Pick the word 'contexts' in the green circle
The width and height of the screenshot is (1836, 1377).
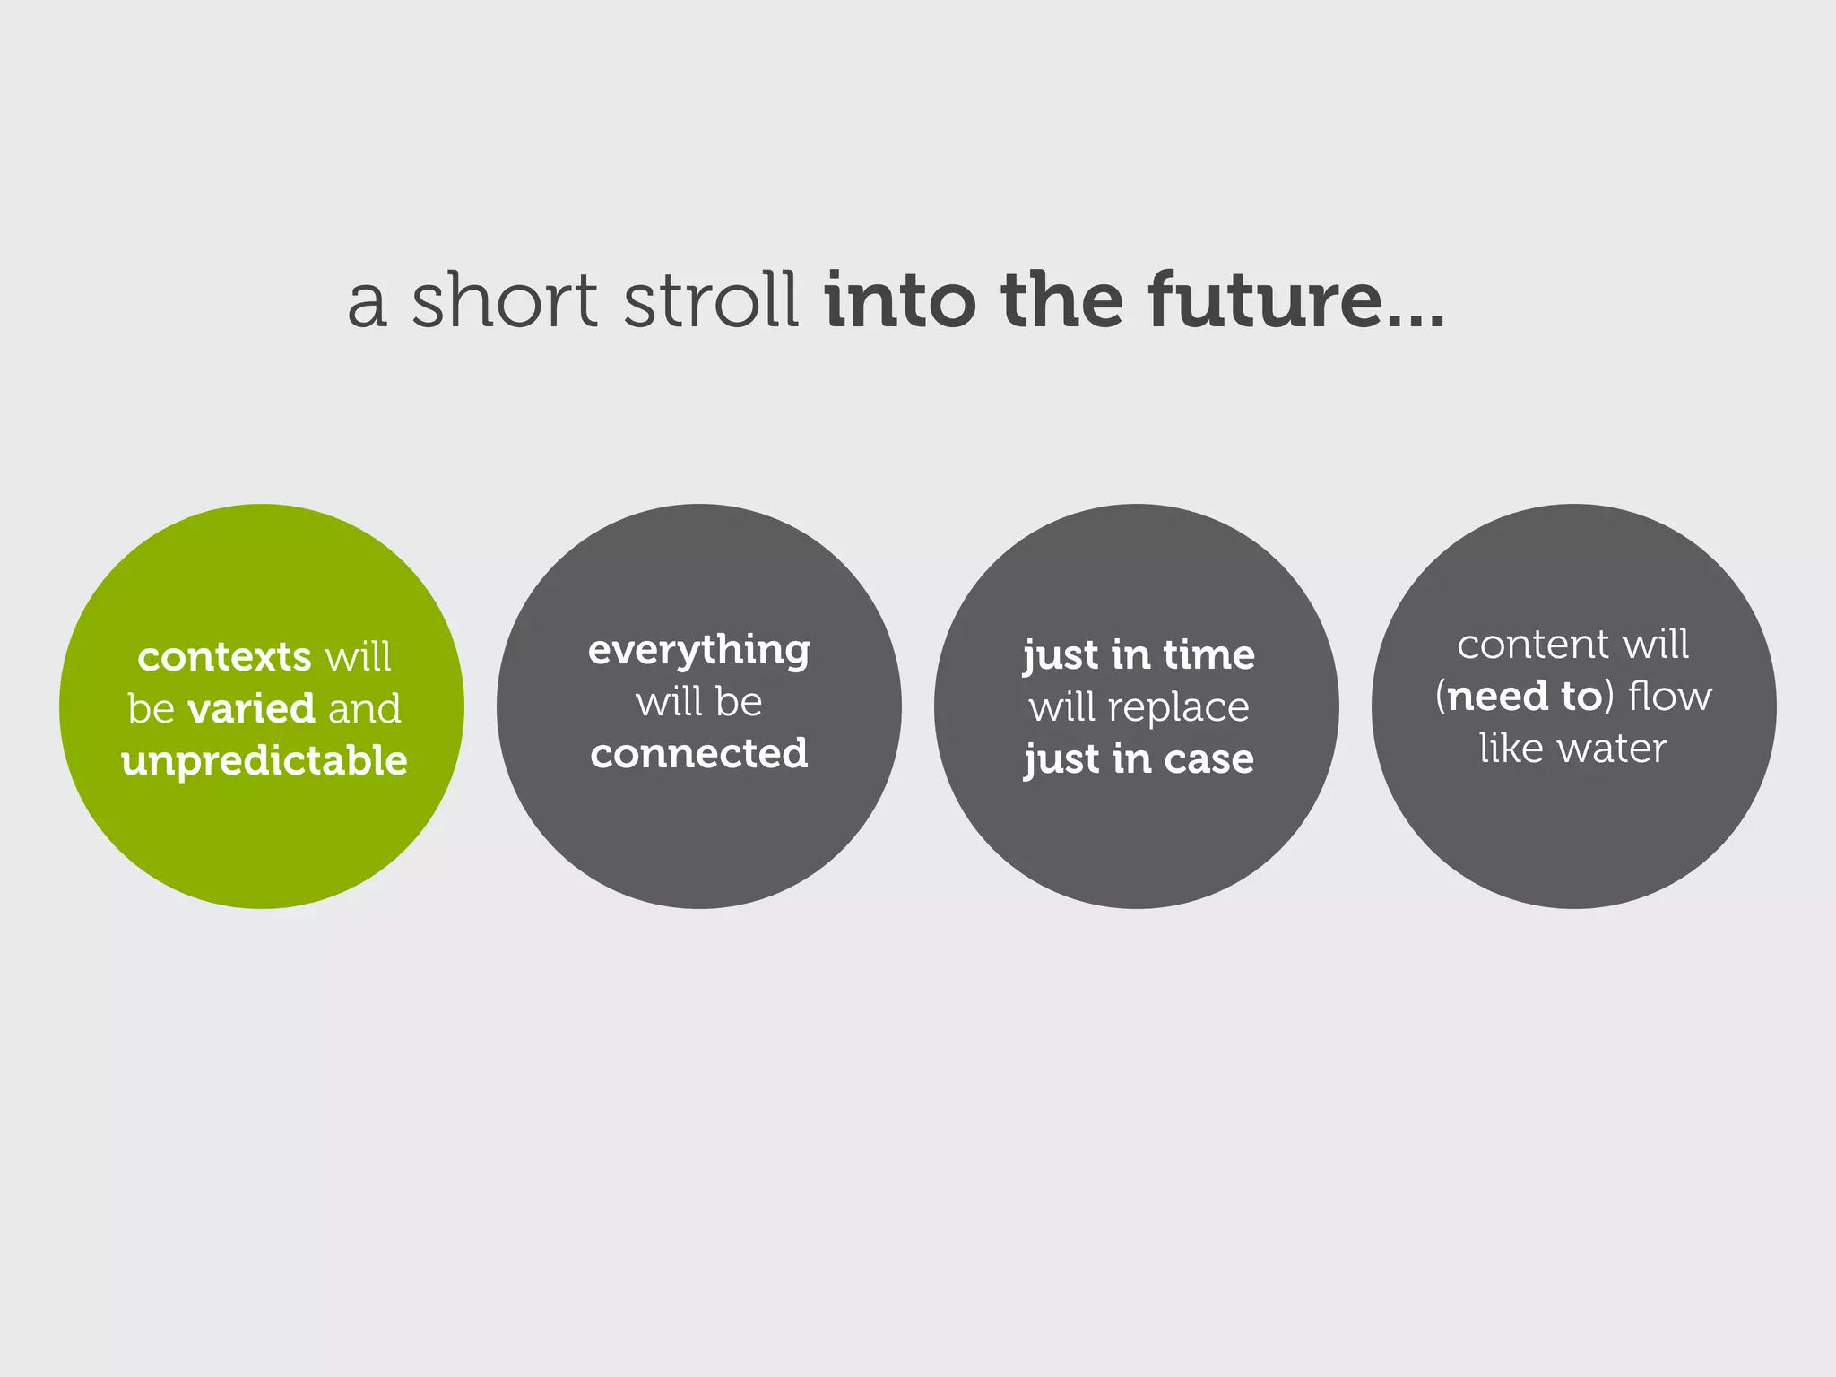point(224,657)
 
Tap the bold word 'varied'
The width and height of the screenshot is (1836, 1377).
point(251,708)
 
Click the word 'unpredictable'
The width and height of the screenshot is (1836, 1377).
point(264,761)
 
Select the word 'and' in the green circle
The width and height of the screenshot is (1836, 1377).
point(365,708)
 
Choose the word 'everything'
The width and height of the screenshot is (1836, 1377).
point(699,651)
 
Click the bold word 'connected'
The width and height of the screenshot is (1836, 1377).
point(699,753)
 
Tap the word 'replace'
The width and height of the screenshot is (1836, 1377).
point(1178,707)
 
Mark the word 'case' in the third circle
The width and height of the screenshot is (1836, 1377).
point(1208,759)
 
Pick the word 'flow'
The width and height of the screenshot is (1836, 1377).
point(1670,697)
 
